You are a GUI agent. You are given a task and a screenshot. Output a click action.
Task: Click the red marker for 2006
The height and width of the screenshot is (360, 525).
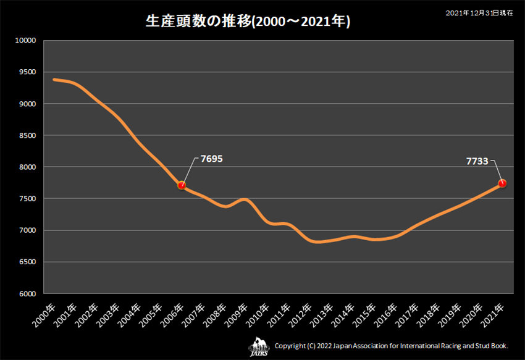pyautogui.click(x=182, y=185)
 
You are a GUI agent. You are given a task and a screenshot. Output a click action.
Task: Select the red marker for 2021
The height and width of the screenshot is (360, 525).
pyautogui.click(x=502, y=183)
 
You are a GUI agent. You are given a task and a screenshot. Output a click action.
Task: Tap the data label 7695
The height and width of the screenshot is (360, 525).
pyautogui.click(x=211, y=159)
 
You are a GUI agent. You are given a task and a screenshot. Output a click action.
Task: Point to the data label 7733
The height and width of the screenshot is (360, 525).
pyautogui.click(x=477, y=161)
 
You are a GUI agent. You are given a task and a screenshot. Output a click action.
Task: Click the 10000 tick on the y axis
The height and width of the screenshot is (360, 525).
pyautogui.click(x=27, y=41)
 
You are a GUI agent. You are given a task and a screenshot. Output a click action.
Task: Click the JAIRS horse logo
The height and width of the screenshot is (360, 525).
pyautogui.click(x=259, y=346)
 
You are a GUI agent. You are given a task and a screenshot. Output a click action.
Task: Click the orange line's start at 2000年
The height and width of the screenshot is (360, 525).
pyautogui.click(x=54, y=80)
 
